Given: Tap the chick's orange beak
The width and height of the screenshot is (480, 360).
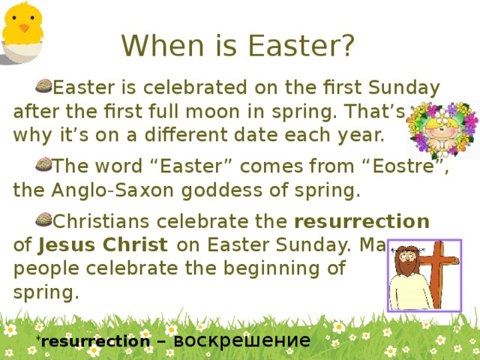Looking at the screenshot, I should click(25, 28).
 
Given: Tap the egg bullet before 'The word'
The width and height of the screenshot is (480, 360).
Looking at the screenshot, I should click(43, 164).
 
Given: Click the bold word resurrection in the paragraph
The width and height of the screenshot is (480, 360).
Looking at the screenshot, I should click(362, 222).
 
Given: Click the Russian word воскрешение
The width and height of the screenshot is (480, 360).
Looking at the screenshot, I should click(241, 340).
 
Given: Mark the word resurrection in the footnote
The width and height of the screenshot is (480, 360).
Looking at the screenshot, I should click(95, 342).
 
